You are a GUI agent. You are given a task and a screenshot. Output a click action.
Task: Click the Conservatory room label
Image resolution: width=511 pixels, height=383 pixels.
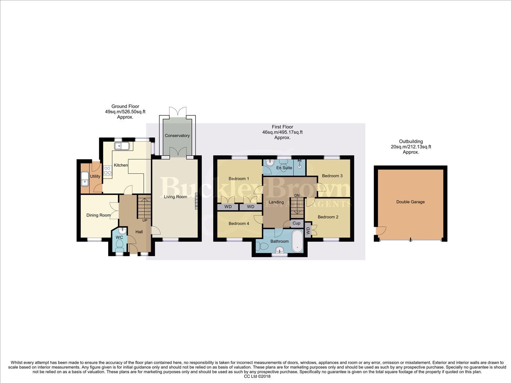click(177, 135)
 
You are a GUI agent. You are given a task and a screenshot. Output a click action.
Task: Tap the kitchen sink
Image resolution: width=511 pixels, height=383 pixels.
click(122, 146)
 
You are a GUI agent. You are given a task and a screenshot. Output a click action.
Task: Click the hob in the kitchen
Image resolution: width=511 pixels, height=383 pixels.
click(108, 170)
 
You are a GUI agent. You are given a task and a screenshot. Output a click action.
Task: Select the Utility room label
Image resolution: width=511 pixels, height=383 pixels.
click(95, 176)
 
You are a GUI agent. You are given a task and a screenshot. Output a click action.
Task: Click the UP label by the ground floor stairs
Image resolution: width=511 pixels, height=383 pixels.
click(145, 220)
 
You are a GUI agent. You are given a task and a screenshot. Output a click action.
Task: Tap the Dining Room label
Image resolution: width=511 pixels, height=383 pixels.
click(98, 215)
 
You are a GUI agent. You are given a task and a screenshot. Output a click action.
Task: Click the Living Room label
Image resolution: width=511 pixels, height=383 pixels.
click(175, 196)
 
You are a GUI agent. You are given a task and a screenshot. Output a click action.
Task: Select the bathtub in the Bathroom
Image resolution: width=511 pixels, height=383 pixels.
click(297, 242)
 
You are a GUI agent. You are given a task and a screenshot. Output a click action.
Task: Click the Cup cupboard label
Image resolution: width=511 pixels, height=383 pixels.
click(296, 223)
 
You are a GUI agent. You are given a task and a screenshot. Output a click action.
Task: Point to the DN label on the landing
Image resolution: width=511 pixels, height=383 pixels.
click(297, 195)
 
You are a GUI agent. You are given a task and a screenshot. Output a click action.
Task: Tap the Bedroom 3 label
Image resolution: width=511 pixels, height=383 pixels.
click(332, 176)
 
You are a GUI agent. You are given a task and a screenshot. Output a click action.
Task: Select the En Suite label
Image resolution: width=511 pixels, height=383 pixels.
click(284, 168)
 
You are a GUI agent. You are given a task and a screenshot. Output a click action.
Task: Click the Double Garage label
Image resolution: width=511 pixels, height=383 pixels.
click(410, 202)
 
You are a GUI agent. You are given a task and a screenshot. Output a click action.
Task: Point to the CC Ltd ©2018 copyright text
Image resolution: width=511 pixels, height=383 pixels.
click(257, 377)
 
